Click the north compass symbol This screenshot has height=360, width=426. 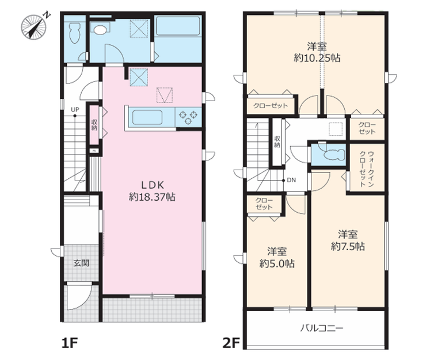pyautogui.click(x=35, y=26)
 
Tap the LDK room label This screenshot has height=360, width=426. pyautogui.click(x=153, y=185)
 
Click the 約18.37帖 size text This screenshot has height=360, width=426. pyautogui.click(x=152, y=197)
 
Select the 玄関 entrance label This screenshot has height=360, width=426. pyautogui.click(x=81, y=263)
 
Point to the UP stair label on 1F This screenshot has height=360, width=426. pyautogui.click(x=75, y=110)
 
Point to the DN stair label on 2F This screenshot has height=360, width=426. pyautogui.click(x=291, y=180)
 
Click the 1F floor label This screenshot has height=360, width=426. pyautogui.click(x=70, y=343)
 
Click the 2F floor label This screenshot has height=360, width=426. pyautogui.click(x=231, y=343)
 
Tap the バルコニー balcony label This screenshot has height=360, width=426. pyautogui.click(x=322, y=328)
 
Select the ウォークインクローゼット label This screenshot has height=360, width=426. pyautogui.click(x=367, y=168)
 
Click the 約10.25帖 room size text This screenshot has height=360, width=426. pyautogui.click(x=317, y=58)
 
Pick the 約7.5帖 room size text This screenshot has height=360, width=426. pyautogui.click(x=348, y=247)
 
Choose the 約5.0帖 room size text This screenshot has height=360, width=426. pyautogui.click(x=277, y=263)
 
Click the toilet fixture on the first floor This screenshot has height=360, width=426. pyautogui.click(x=74, y=33)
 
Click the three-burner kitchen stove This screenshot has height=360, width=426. pyautogui.click(x=188, y=117)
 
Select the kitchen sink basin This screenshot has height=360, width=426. pyautogui.click(x=147, y=117)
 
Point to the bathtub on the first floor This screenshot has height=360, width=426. pyautogui.click(x=178, y=26)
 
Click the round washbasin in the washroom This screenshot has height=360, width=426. pyautogui.click(x=100, y=29)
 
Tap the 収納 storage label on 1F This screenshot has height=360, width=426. pyautogui.click(x=94, y=125)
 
